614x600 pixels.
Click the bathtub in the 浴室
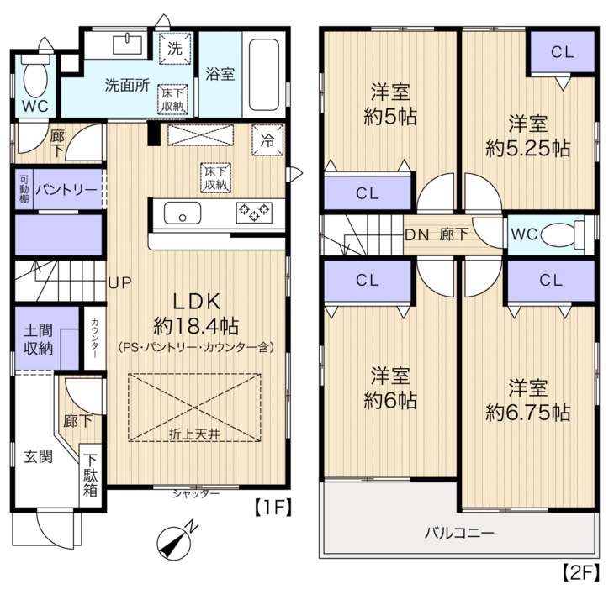[x=264, y=75]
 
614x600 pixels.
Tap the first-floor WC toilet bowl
[x=35, y=76]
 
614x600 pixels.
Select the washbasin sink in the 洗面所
[x=128, y=45]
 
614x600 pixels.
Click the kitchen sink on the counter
[x=182, y=213]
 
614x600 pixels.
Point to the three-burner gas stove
[x=255, y=213]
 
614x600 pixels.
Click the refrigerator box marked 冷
[x=267, y=140]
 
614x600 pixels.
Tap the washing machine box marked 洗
[x=175, y=49]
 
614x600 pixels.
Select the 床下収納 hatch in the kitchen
[x=216, y=177]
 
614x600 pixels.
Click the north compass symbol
[x=174, y=543]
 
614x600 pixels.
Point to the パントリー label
[x=66, y=190]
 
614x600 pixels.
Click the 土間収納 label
[x=38, y=339]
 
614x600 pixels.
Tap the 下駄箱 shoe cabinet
[x=91, y=476]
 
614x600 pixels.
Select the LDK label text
[x=197, y=302]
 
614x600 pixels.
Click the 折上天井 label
[x=194, y=434]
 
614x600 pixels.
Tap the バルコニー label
[x=460, y=533]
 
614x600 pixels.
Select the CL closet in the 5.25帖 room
[x=563, y=51]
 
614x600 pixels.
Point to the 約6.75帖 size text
[x=528, y=413]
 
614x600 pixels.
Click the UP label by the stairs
[x=119, y=282]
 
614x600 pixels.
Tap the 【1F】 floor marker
[x=273, y=508]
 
